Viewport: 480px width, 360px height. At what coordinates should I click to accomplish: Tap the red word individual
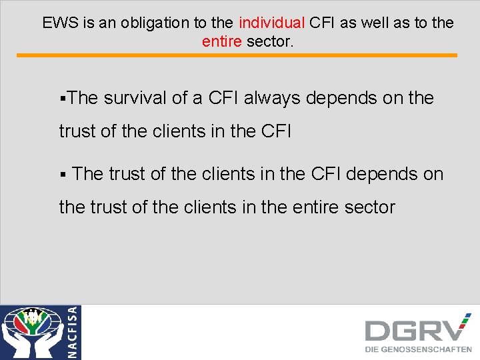[x=271, y=23]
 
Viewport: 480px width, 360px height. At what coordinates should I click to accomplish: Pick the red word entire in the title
[x=222, y=42]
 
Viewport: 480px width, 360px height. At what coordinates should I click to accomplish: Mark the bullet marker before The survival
[x=62, y=99]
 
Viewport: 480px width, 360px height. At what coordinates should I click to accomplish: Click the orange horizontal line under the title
[x=240, y=55]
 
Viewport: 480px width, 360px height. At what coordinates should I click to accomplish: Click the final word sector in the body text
[x=370, y=207]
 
